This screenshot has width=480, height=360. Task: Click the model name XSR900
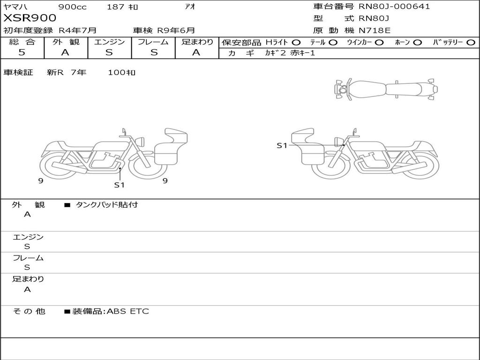tap(30, 18)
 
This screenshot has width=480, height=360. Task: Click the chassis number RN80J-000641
tap(394, 7)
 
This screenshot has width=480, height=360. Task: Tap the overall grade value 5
tap(22, 52)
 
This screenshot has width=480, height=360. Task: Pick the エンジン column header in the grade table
tap(109, 42)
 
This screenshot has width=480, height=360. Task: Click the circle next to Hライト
tap(296, 43)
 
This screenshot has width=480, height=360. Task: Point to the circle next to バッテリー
tap(471, 43)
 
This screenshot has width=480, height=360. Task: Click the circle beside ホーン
tap(417, 43)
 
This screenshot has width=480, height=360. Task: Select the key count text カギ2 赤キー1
tap(290, 53)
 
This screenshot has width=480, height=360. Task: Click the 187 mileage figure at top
tap(122, 7)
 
